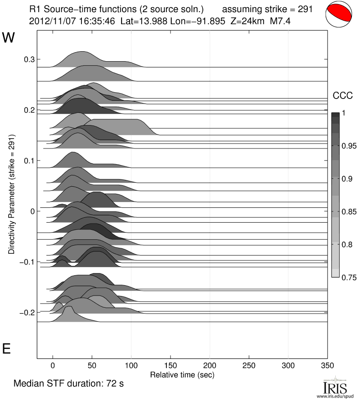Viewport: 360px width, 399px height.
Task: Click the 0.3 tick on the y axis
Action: point(29,59)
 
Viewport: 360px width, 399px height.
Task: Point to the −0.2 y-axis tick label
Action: point(27,312)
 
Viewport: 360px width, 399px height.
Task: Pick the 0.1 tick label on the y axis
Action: point(29,161)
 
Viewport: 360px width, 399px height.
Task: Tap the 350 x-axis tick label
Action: point(327,366)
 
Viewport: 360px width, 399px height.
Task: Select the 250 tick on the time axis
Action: point(249,366)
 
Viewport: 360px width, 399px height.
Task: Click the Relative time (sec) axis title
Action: point(182,374)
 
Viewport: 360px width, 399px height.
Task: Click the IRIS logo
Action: point(335,386)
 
